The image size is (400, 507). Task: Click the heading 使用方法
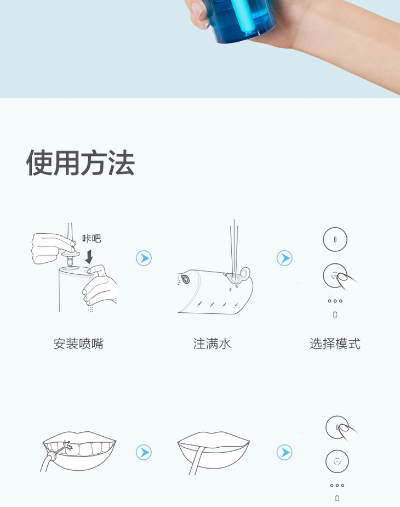81,162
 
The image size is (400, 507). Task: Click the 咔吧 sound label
92,239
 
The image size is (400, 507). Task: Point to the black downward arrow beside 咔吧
89,257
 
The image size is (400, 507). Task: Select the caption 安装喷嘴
78,343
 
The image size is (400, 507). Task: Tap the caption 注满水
212,343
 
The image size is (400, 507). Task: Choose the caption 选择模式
335,343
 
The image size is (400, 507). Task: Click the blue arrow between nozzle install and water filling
144,258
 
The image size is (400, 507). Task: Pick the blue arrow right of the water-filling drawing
284,258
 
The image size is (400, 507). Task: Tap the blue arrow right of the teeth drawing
144,452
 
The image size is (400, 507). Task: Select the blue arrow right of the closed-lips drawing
284,452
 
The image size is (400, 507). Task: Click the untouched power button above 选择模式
335,239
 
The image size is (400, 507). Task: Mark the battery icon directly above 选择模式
335,314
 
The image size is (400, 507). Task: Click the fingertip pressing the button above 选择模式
342,277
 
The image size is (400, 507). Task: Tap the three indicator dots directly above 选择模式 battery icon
335,301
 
